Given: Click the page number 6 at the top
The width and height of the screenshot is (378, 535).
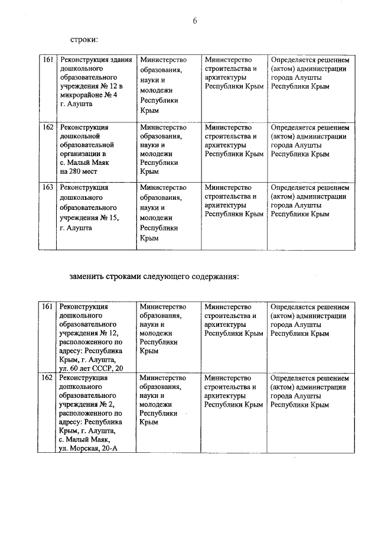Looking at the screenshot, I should pyautogui.click(x=194, y=21).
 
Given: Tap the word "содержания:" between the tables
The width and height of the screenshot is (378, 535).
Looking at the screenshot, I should pyautogui.click(x=213, y=276).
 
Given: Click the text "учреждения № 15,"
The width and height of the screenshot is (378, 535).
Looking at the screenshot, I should pyautogui.click(x=89, y=218).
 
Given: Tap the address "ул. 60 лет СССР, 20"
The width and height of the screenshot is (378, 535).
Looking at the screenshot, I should pyautogui.click(x=92, y=368).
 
